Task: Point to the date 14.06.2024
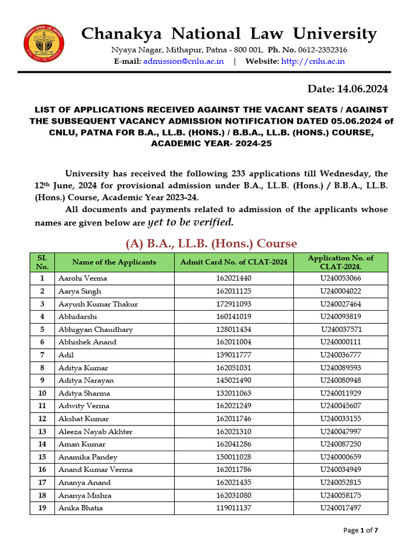(x=348, y=89)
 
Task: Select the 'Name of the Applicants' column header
(x=114, y=262)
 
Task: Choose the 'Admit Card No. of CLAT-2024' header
(x=233, y=262)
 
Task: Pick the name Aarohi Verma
(x=83, y=278)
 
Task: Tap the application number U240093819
(x=341, y=317)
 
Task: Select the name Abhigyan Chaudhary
(x=95, y=330)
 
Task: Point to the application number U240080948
(x=341, y=380)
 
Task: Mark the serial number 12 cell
(x=42, y=419)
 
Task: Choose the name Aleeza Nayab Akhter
(x=95, y=432)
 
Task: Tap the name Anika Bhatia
(x=81, y=508)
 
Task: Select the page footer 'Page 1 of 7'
(x=361, y=530)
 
